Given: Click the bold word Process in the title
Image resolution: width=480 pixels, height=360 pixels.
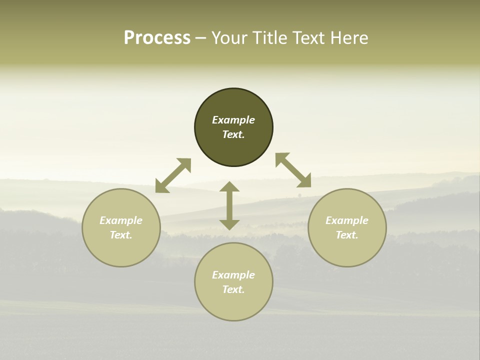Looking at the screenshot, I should coord(157,38).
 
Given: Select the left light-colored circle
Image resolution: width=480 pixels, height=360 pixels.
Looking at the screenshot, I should coord(121,250).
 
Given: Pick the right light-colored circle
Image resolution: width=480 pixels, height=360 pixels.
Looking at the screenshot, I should coord(347,250).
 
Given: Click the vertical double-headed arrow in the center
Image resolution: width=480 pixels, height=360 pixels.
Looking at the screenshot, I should coord(229,205).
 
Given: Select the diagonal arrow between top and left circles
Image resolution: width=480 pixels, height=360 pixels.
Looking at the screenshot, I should coord(173,175).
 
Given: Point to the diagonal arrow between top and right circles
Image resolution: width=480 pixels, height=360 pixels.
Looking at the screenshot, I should coord(293,170).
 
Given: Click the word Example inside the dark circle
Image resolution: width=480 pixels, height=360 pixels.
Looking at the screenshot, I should coord(233,120).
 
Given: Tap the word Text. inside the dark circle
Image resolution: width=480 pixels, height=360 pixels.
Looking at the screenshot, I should coord(233,134).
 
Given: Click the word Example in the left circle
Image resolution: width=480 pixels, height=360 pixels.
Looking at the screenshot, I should coord(121,220).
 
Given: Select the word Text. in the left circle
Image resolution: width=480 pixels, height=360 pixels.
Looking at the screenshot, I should coord(121,235).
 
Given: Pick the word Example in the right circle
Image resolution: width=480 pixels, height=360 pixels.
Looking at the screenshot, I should coord(347,220).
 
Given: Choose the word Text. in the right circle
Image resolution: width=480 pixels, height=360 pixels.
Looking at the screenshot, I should coord(347,235).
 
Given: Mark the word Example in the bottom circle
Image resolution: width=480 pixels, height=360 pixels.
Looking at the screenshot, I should coord(233,275).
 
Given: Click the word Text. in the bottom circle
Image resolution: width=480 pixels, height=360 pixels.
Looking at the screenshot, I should coord(233,289).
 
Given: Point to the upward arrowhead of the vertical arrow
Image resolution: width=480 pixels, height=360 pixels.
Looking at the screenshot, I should coord(229,187).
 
